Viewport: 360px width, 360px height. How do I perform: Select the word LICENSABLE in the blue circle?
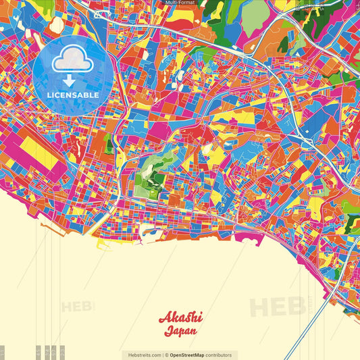(72, 95)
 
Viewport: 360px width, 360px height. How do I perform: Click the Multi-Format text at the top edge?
(180, 3)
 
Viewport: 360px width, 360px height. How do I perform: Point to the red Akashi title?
(180, 318)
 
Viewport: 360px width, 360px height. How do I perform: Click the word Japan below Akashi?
(180, 332)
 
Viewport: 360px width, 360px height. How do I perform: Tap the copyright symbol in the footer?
(166, 355)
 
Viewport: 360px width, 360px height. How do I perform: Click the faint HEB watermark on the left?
(78, 307)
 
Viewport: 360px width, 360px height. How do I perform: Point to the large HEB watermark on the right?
(277, 307)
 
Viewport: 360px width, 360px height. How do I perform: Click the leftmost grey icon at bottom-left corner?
(4, 353)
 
